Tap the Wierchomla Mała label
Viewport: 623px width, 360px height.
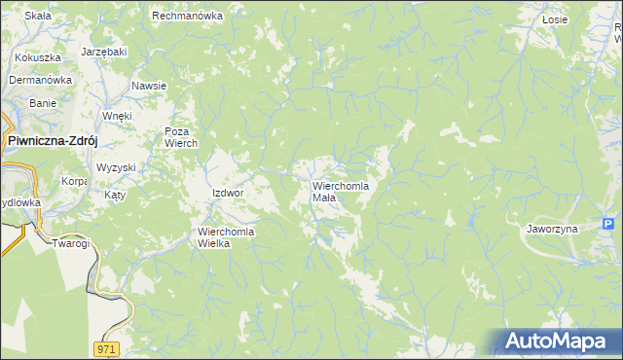(340, 191)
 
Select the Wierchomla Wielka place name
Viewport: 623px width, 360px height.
(226, 237)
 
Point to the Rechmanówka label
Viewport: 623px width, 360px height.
(187, 16)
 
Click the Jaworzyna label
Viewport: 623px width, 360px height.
(552, 229)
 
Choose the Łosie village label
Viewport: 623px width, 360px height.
(554, 18)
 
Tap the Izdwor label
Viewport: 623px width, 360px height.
(227, 193)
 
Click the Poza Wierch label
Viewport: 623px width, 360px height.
(181, 137)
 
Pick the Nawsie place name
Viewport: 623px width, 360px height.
(149, 86)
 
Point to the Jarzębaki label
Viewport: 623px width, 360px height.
(104, 50)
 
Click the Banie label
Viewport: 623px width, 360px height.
(43, 102)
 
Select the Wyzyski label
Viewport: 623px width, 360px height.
(116, 167)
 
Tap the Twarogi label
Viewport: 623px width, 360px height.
(70, 243)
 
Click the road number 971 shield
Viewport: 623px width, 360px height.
(107, 347)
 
